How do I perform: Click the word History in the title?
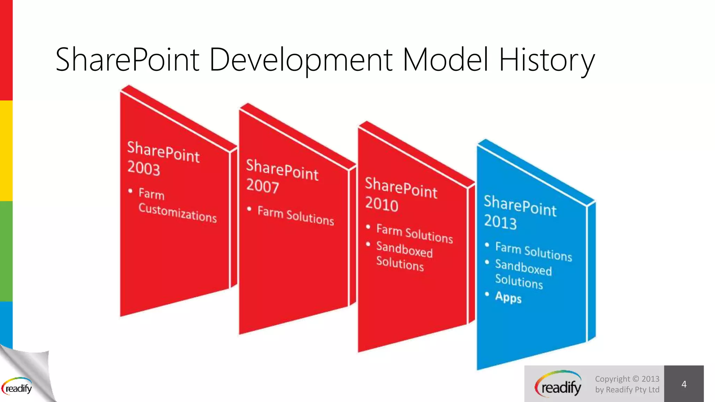546,60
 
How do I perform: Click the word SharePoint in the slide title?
127,60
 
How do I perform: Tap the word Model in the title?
445,60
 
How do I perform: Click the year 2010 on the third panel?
382,204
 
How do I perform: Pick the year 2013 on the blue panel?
500,222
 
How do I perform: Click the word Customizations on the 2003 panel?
177,213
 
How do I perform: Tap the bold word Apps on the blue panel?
508,297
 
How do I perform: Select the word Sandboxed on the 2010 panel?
404,250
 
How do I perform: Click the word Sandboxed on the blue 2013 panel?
523,268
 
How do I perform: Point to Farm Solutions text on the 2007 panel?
295,216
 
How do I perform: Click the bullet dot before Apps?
487,294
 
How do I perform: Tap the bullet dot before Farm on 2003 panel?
130,191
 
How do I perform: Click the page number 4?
684,384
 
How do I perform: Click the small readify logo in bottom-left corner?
17,387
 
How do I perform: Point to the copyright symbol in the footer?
635,379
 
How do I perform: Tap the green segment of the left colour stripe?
6,251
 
